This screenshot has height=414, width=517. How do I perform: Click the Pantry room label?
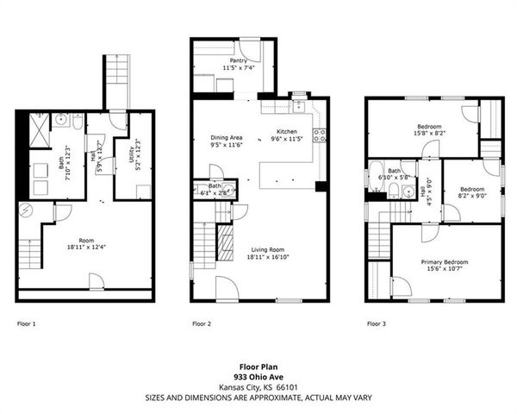(226, 60)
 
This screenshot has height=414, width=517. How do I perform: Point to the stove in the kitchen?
(320, 135)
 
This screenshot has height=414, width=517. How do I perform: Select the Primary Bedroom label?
(445, 261)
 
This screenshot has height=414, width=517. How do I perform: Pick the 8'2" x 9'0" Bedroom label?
(471, 189)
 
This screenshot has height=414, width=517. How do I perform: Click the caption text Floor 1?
(27, 324)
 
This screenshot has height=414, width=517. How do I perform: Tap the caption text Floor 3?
(377, 324)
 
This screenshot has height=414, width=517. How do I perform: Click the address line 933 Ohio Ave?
(258, 376)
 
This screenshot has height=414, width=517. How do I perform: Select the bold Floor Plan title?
(258, 366)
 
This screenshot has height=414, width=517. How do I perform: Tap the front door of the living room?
(225, 289)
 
